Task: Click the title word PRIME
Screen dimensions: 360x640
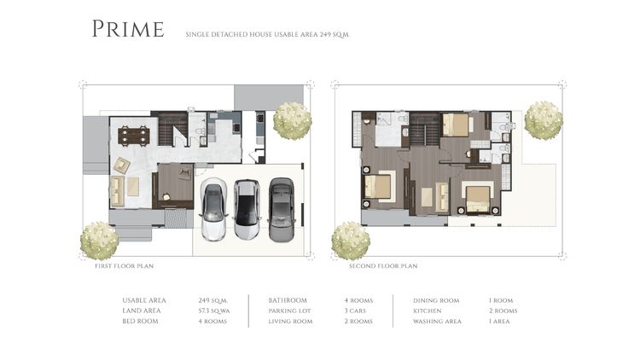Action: pos(128,30)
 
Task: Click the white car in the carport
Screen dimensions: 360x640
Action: pos(213,211)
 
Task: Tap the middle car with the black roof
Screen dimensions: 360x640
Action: pos(247,210)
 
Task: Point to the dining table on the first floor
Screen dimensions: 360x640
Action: pos(133,134)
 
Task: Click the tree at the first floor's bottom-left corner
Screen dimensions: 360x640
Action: pos(99,241)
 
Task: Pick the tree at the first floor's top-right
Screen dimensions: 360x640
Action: pos(292,120)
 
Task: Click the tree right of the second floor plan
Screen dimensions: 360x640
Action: pos(543,120)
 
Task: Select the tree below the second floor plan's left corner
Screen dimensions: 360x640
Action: pos(350,241)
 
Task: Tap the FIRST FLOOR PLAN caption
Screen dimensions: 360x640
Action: pos(124,266)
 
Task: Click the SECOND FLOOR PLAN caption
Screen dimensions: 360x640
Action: pos(383,266)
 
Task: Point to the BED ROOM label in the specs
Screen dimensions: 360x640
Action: pos(140,321)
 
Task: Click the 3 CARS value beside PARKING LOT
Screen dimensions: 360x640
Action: pos(356,311)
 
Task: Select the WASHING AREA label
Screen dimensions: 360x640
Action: pos(437,321)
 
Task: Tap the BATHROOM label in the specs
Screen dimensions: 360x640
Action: pos(288,300)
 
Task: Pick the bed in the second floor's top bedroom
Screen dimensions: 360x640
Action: pos(457,125)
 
